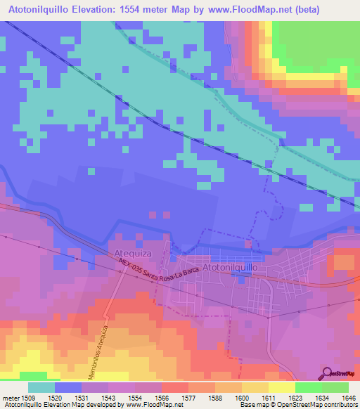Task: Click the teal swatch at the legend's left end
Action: point(41,387)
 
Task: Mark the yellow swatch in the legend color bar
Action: point(281,387)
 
